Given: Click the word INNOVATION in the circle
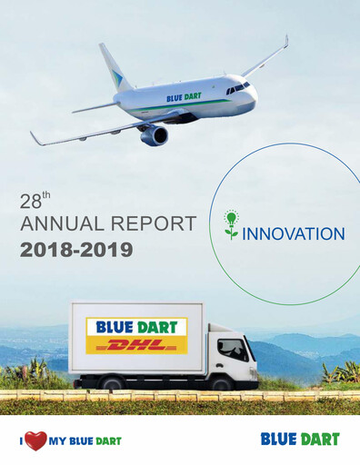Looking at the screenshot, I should [x=293, y=234].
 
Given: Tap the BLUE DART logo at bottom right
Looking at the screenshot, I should [x=299, y=440].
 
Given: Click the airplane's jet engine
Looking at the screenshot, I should [x=155, y=135].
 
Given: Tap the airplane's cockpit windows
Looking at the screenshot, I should [x=237, y=87].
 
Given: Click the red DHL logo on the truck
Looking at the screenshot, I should [x=135, y=345].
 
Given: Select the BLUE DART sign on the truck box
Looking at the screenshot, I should [x=135, y=327].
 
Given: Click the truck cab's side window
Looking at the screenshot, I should [x=230, y=349].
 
